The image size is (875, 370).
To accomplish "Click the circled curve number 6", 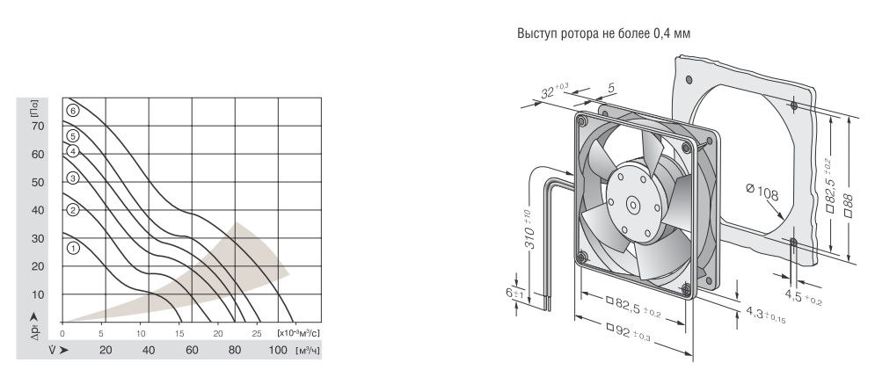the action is [73, 110].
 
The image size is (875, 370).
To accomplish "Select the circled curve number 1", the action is [73, 248].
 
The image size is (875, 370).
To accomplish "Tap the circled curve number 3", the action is [73, 178].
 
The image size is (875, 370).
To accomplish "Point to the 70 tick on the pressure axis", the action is [38, 127].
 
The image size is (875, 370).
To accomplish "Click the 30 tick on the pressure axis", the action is [38, 238].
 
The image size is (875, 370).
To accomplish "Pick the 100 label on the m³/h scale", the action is [279, 350].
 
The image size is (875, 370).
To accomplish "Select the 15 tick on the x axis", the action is [179, 334].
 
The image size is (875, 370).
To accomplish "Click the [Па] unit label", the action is [36, 107].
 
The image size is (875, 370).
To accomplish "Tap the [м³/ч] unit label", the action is [308, 351].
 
